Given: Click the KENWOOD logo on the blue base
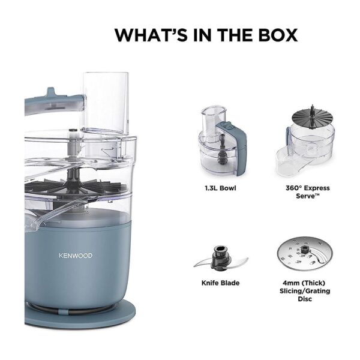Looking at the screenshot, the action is (x=76, y=256).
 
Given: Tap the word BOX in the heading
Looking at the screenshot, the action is (x=278, y=35).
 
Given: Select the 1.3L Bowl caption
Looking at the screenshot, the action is (x=220, y=188).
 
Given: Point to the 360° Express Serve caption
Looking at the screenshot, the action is (x=308, y=192).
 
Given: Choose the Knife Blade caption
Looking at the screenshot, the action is (x=220, y=283).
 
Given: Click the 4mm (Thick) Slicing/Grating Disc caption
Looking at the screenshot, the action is (x=305, y=291).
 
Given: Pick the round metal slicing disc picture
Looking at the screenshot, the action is (x=305, y=253).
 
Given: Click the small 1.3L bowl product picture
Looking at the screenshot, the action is (x=222, y=141).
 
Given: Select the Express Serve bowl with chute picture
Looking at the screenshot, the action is (x=305, y=141).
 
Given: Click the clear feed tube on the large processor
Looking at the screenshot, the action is (x=106, y=103).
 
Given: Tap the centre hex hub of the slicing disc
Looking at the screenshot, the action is (x=305, y=248).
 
